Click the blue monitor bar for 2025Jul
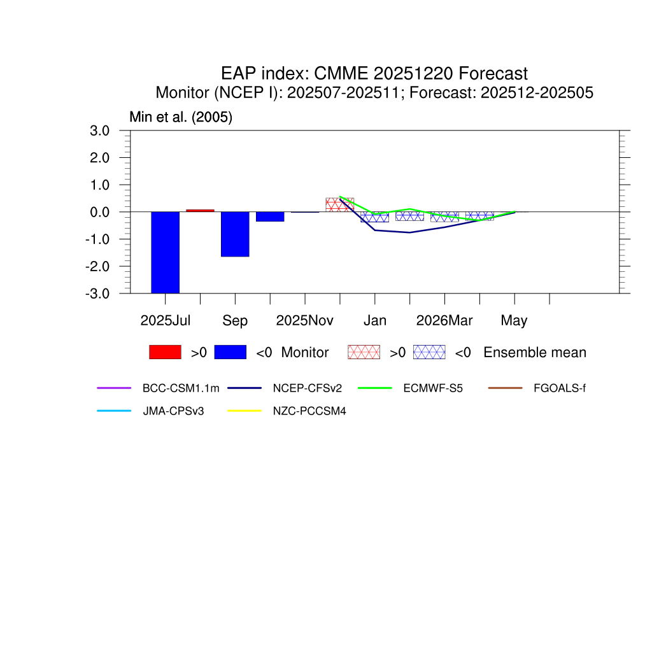click(165, 252)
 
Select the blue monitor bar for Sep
click(235, 234)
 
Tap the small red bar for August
click(200, 210)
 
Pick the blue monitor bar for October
click(270, 216)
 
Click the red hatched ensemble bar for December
click(339, 204)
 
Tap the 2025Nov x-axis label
click(305, 320)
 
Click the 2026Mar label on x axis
click(444, 320)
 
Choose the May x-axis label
click(514, 320)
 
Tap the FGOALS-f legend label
click(560, 388)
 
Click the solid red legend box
click(165, 352)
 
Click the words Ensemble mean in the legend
click(535, 352)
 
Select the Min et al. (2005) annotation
click(181, 118)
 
